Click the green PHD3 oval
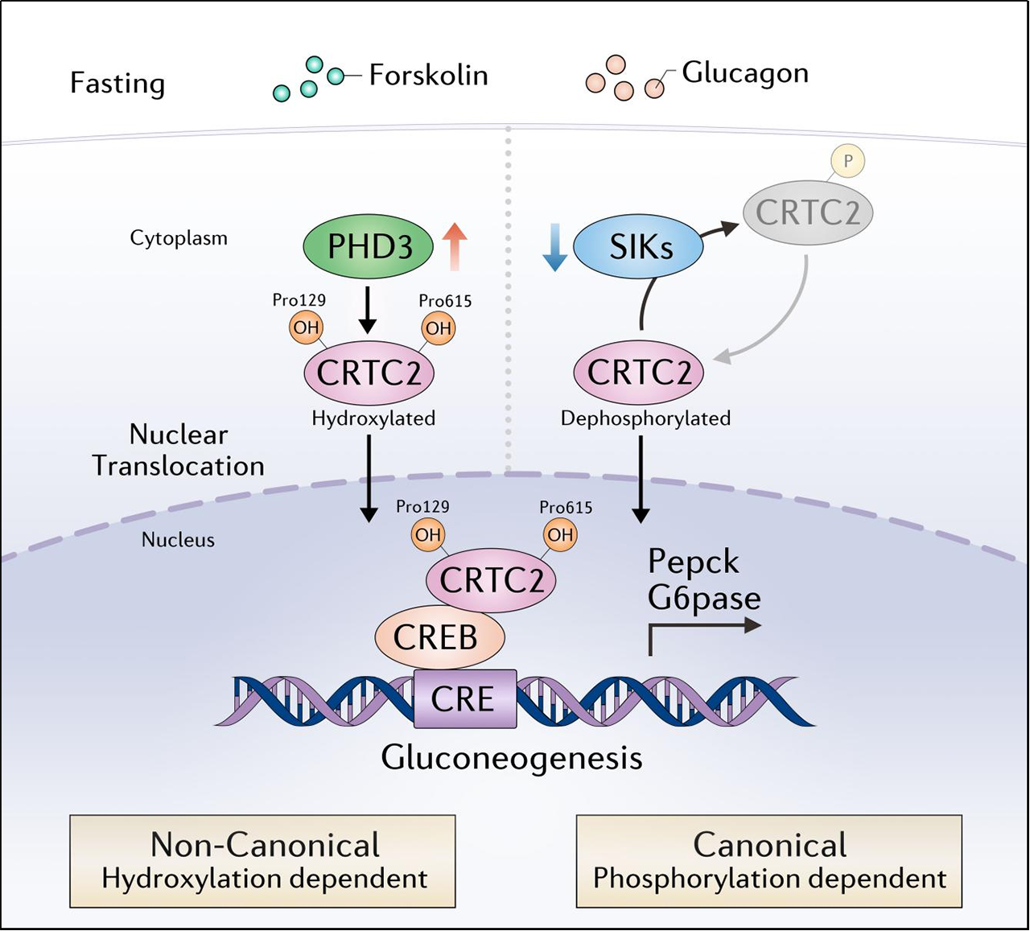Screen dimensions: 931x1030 (x=369, y=246)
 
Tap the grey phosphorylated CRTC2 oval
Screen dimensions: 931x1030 (x=807, y=212)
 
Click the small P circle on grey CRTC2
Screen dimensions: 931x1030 (x=847, y=161)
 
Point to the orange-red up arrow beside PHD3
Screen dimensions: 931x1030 (x=455, y=246)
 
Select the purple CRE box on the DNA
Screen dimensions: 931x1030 (x=464, y=698)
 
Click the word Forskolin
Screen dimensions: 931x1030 (x=428, y=76)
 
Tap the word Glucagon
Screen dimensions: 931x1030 (x=745, y=72)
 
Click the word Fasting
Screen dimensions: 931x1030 (x=117, y=83)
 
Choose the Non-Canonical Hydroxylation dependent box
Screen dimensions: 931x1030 (x=262, y=861)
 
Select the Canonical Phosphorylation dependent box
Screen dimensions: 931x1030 (x=768, y=861)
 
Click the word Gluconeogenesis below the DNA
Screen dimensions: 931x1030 (x=512, y=758)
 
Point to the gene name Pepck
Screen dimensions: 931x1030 (x=693, y=562)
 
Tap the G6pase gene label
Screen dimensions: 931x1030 (x=704, y=598)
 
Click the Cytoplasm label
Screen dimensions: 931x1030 (x=179, y=238)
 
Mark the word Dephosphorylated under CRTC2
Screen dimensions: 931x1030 (x=645, y=418)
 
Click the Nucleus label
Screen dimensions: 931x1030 (x=178, y=540)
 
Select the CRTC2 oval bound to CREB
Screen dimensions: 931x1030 (x=491, y=580)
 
